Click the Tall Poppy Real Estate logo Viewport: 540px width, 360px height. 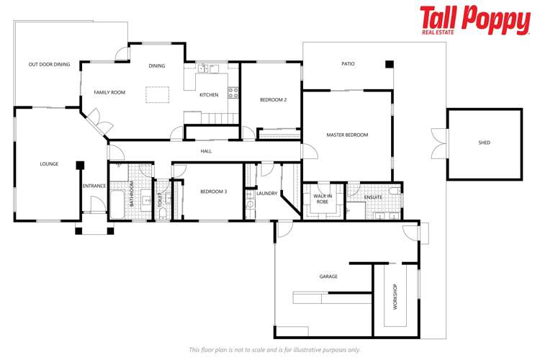click(474, 21)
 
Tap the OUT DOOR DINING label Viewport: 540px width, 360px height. click(50, 65)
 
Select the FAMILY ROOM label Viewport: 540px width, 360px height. click(109, 92)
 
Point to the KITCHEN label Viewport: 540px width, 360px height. click(209, 95)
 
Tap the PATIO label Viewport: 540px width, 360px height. click(348, 64)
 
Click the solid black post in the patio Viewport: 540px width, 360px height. click(390, 65)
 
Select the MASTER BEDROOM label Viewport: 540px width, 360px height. click(347, 135)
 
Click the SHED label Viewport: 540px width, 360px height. click(485, 143)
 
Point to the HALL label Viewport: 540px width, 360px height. click(206, 151)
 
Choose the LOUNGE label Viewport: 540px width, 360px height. click(49, 164)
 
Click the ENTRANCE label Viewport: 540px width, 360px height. click(94, 186)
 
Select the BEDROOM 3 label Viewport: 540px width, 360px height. click(214, 191)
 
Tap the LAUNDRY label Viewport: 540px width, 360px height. click(267, 193)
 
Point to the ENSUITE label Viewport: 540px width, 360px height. click(373, 197)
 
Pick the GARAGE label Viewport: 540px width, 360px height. click(328, 276)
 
